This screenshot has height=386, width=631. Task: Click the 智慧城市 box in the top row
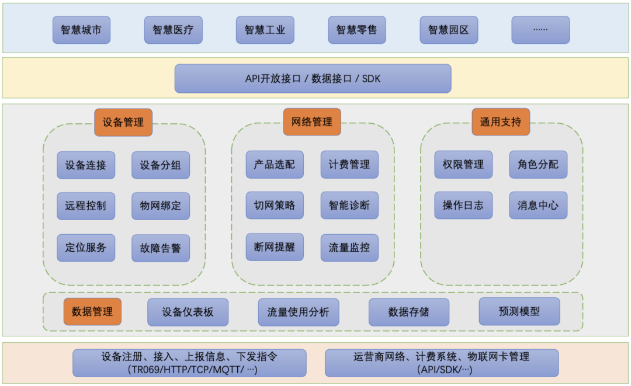pos(81,30)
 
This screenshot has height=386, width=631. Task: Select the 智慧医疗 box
pos(174,30)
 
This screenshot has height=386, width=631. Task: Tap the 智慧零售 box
pos(357,30)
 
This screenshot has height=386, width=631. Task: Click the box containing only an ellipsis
pos(540,30)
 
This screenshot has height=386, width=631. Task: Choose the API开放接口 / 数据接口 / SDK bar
pos(313,78)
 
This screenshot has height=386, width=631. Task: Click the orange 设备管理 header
pos(123,123)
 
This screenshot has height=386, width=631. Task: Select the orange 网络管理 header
pos(312,122)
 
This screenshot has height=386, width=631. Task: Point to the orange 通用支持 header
pos(501,122)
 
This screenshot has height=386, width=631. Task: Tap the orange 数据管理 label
pos(92,312)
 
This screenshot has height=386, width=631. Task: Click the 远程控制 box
pos(86,206)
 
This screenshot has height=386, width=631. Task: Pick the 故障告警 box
pos(161,248)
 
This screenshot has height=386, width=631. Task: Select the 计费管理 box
pos(349,165)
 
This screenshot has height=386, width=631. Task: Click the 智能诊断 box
pos(349,206)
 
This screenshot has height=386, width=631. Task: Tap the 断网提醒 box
pos(275,247)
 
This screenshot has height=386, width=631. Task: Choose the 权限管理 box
pos(463,165)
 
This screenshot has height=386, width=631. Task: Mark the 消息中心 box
pos(538,206)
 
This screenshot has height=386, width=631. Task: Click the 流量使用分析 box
pos(299,312)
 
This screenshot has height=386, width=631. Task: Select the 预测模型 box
pos(519,312)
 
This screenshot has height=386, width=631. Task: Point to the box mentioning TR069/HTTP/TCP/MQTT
pos(189,363)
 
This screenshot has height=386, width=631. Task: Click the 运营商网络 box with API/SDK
pos(442,363)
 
